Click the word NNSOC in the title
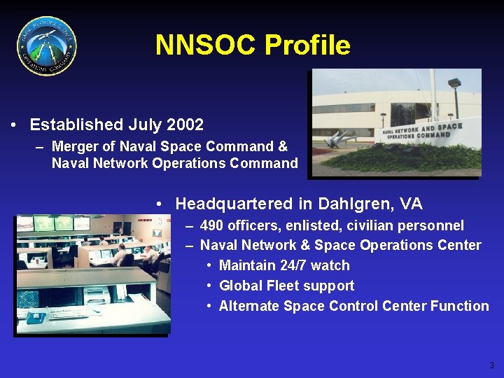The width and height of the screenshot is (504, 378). pyautogui.click(x=206, y=45)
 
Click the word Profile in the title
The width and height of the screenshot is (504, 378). pyautogui.click(x=307, y=45)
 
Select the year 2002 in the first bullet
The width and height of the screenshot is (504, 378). pyautogui.click(x=185, y=125)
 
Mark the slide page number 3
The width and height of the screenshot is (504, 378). pyautogui.click(x=491, y=365)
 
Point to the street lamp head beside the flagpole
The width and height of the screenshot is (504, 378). pyautogui.click(x=454, y=83)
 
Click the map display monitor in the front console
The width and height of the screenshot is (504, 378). pyautogui.click(x=29, y=300)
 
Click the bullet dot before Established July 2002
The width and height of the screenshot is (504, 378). pyautogui.click(x=14, y=125)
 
